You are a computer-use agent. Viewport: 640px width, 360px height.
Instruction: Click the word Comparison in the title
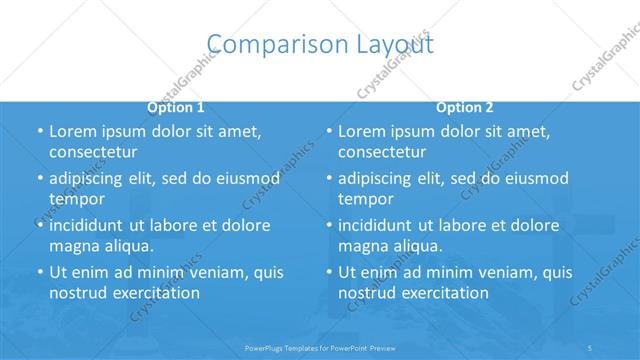coord(263,43)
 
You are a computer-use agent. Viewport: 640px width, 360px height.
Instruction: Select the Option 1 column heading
coord(176,107)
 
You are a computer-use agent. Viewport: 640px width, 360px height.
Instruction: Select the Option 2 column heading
coord(464,107)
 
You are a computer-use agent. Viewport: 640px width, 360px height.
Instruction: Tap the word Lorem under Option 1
coord(72,131)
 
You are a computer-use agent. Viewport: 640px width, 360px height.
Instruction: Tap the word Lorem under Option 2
coord(361,131)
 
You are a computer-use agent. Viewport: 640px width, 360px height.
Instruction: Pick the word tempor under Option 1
coord(77,199)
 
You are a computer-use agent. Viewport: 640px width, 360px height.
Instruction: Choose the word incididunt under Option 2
coord(381,225)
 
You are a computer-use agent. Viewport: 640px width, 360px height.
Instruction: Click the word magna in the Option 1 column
coord(72,246)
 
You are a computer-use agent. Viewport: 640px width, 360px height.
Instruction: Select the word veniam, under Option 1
coord(210,272)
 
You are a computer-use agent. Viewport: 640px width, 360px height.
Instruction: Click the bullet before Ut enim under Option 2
coord(329,272)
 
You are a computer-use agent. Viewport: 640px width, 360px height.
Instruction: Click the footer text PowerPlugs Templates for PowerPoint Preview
coord(319,349)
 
